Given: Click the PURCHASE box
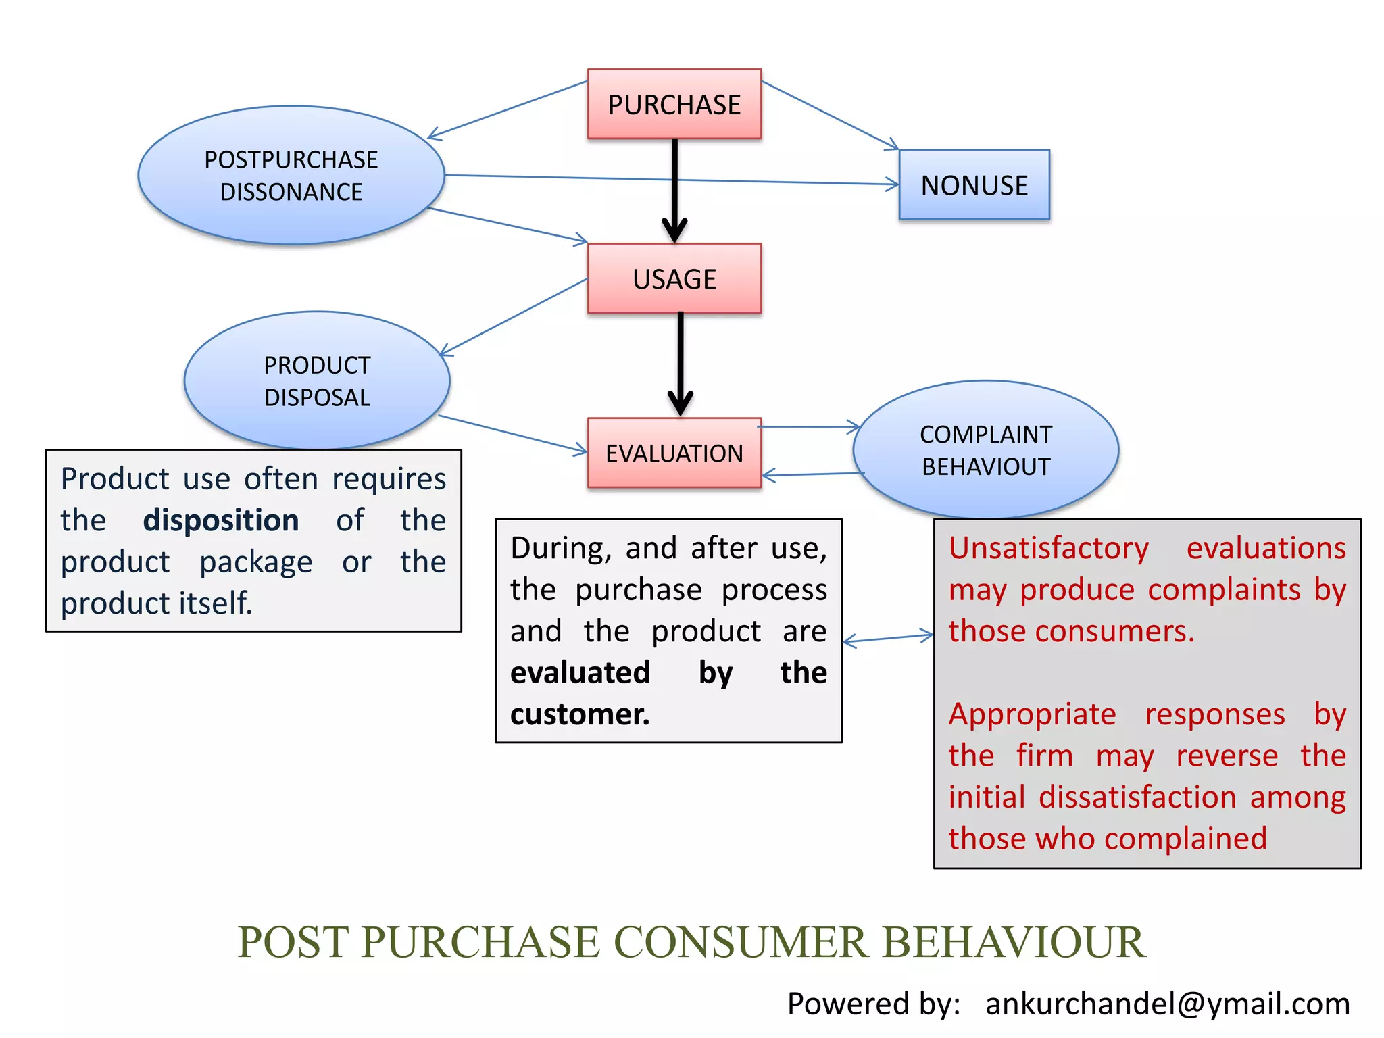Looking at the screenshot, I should coord(674,104).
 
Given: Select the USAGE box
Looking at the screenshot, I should coord(674,278).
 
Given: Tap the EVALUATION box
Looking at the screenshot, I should coord(674,453).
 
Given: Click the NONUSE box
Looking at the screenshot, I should coord(974,185).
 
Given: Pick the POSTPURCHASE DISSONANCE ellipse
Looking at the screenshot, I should coord(291,176).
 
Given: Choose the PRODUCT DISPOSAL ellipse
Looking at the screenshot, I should coord(317,380).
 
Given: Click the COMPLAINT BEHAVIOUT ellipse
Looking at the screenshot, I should coord(985,450).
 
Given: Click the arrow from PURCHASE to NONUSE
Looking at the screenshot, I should coord(830,115).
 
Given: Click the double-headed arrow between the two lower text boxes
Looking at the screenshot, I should coord(888,639).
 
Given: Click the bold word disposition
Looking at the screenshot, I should coord(221,520).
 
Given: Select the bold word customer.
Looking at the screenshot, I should coord(580,714).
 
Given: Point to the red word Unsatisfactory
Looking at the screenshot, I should coord(1048,548).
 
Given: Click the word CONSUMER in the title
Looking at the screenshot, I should coord(740,942).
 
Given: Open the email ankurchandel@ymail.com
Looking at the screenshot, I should coord(1167,1004).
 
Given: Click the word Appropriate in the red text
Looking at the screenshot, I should coord(1032,714).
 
